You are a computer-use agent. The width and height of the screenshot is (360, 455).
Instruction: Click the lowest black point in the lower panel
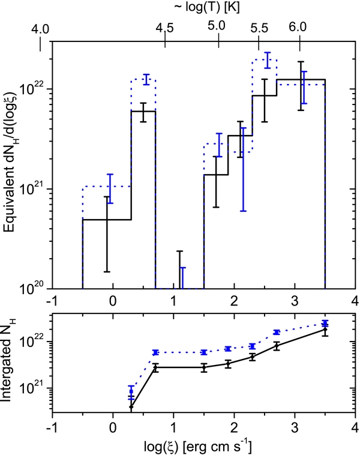[131, 407]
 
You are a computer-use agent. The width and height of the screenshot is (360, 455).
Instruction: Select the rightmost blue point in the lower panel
[325, 324]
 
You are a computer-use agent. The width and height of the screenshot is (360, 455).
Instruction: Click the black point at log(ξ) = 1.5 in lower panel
[204, 367]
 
